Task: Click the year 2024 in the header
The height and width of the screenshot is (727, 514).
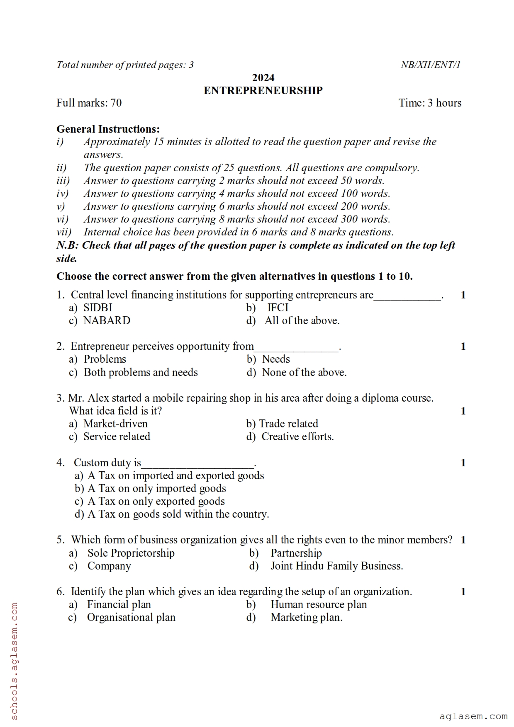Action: tap(263, 78)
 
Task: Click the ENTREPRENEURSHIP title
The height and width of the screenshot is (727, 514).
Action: tap(263, 90)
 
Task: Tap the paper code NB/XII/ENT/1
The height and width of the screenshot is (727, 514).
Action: tap(430, 65)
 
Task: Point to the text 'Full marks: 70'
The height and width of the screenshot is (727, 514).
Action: tap(89, 103)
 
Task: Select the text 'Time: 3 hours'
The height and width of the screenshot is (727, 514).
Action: tap(430, 103)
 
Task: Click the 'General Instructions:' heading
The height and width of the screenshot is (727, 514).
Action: tap(108, 129)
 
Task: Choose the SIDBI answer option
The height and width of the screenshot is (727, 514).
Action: tap(97, 308)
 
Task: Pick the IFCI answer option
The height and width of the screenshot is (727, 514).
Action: tap(278, 308)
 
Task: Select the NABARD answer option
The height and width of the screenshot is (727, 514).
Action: tap(107, 320)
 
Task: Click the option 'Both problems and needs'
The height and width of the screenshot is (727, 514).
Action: tap(141, 372)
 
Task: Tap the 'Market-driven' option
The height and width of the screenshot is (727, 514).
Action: tap(115, 424)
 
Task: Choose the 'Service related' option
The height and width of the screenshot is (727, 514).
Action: tap(117, 436)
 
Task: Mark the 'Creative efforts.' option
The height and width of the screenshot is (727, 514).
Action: tap(297, 436)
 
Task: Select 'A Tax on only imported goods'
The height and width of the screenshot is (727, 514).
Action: tap(156, 488)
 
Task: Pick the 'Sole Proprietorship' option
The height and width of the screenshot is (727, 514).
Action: tap(131, 553)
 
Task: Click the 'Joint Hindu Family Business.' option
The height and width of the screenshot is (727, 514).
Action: tap(336, 566)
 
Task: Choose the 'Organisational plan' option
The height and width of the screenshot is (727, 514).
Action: tap(131, 617)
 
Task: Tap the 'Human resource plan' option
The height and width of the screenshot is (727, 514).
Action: tap(319, 604)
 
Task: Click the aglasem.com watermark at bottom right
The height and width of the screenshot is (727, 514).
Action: tap(473, 716)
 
